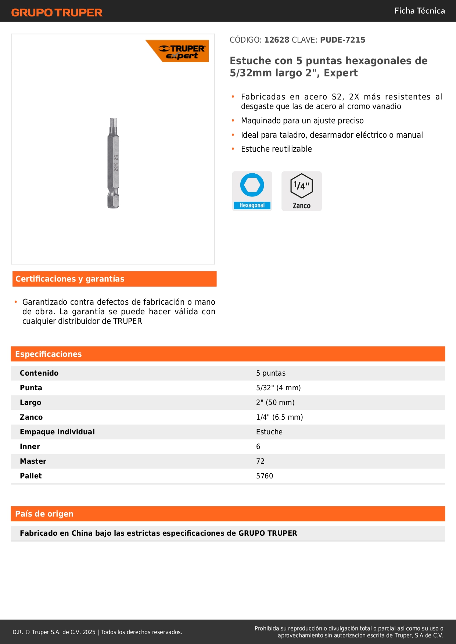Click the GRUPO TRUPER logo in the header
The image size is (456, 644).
pyautogui.click(x=57, y=12)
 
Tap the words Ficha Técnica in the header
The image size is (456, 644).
pyautogui.click(x=419, y=11)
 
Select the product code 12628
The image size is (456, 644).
pyautogui.click(x=277, y=40)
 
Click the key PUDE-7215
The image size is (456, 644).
pyautogui.click(x=342, y=40)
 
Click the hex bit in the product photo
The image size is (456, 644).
pyautogui.click(x=113, y=163)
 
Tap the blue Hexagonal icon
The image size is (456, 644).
pyautogui.click(x=252, y=191)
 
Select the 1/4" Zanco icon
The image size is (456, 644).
pyautogui.click(x=301, y=191)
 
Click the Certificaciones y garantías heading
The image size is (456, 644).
pyautogui.click(x=70, y=279)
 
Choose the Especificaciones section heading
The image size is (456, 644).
pyautogui.click(x=49, y=354)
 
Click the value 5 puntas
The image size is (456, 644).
pyautogui.click(x=271, y=373)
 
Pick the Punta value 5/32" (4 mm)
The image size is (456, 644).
pyautogui.click(x=279, y=388)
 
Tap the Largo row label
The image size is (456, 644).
pyautogui.click(x=30, y=402)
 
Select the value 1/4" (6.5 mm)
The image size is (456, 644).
pyautogui.click(x=280, y=417)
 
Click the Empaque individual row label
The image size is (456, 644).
pyautogui.click(x=57, y=432)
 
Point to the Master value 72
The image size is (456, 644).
pyautogui.click(x=260, y=461)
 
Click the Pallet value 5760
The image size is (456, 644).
pyautogui.click(x=265, y=476)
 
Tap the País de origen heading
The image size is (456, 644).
pyautogui.click(x=44, y=514)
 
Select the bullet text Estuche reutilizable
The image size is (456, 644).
pyautogui.click(x=276, y=149)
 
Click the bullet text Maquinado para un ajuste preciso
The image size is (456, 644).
pyautogui.click(x=302, y=121)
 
